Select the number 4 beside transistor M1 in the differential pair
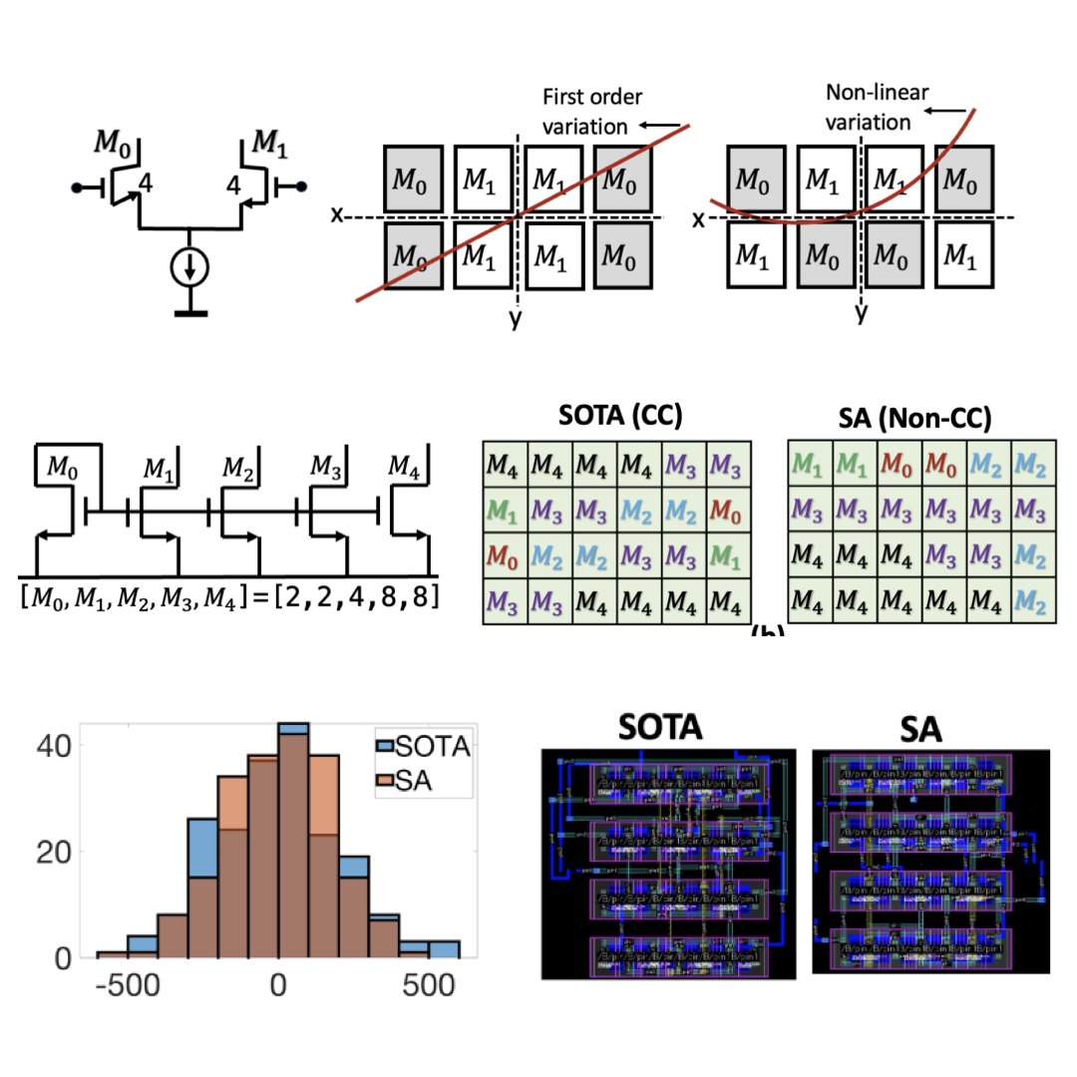coord(233,184)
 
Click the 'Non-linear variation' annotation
coord(877,108)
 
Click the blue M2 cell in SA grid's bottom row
coord(1032,602)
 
